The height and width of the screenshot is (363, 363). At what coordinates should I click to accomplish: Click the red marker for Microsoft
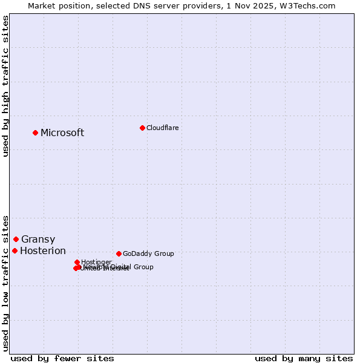pyautogui.click(x=35, y=132)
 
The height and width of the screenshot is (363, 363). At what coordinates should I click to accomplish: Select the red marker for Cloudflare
pyautogui.click(x=142, y=128)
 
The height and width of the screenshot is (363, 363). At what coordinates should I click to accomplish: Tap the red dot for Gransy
pyautogui.click(x=16, y=239)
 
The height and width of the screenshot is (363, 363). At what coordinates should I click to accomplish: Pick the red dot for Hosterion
pyautogui.click(x=15, y=250)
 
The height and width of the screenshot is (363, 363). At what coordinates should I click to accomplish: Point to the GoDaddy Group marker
pyautogui.click(x=119, y=253)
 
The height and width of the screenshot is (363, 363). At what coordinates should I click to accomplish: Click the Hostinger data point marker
pyautogui.click(x=77, y=262)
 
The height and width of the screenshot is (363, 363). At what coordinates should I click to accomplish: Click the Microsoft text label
pyautogui.click(x=62, y=133)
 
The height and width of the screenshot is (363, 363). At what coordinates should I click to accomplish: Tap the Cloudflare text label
pyautogui.click(x=162, y=128)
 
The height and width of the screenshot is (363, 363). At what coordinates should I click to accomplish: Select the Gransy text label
pyautogui.click(x=38, y=240)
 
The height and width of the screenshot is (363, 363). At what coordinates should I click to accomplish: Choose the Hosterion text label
pyautogui.click(x=43, y=251)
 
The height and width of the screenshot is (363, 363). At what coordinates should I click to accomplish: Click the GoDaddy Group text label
pyautogui.click(x=148, y=254)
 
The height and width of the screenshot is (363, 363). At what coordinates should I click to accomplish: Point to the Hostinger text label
pyautogui.click(x=96, y=262)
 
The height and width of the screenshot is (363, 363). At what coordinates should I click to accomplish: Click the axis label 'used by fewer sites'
pyautogui.click(x=62, y=358)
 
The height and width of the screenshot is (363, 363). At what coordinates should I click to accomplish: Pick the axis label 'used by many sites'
pyautogui.click(x=304, y=358)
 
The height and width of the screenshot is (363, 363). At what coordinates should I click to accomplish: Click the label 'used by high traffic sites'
pyautogui.click(x=5, y=86)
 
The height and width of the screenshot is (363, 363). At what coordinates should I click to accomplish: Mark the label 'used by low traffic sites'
pyautogui.click(x=5, y=283)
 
